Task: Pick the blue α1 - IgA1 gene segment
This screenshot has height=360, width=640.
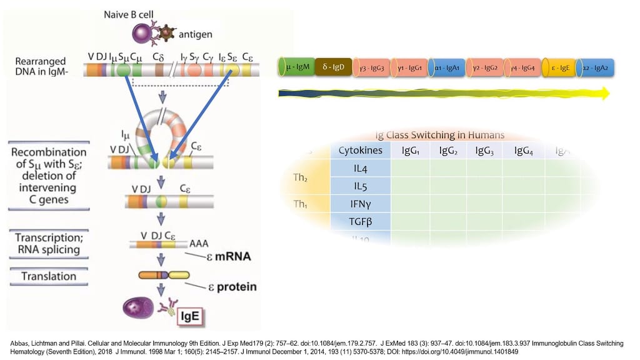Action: pyautogui.click(x=447, y=67)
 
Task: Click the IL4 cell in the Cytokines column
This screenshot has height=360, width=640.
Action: pyautogui.click(x=359, y=167)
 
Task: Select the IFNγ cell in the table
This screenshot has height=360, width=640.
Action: pyautogui.click(x=359, y=204)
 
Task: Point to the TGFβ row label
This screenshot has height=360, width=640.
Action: pyautogui.click(x=359, y=221)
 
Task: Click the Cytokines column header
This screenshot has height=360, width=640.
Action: pyautogui.click(x=359, y=151)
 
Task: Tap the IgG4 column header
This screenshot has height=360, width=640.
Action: pyautogui.click(x=525, y=151)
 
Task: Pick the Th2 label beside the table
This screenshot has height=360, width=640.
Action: pyautogui.click(x=301, y=177)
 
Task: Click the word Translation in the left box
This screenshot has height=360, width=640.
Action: pyautogui.click(x=49, y=276)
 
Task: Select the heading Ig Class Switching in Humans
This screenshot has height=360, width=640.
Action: pyautogui.click(x=439, y=135)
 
